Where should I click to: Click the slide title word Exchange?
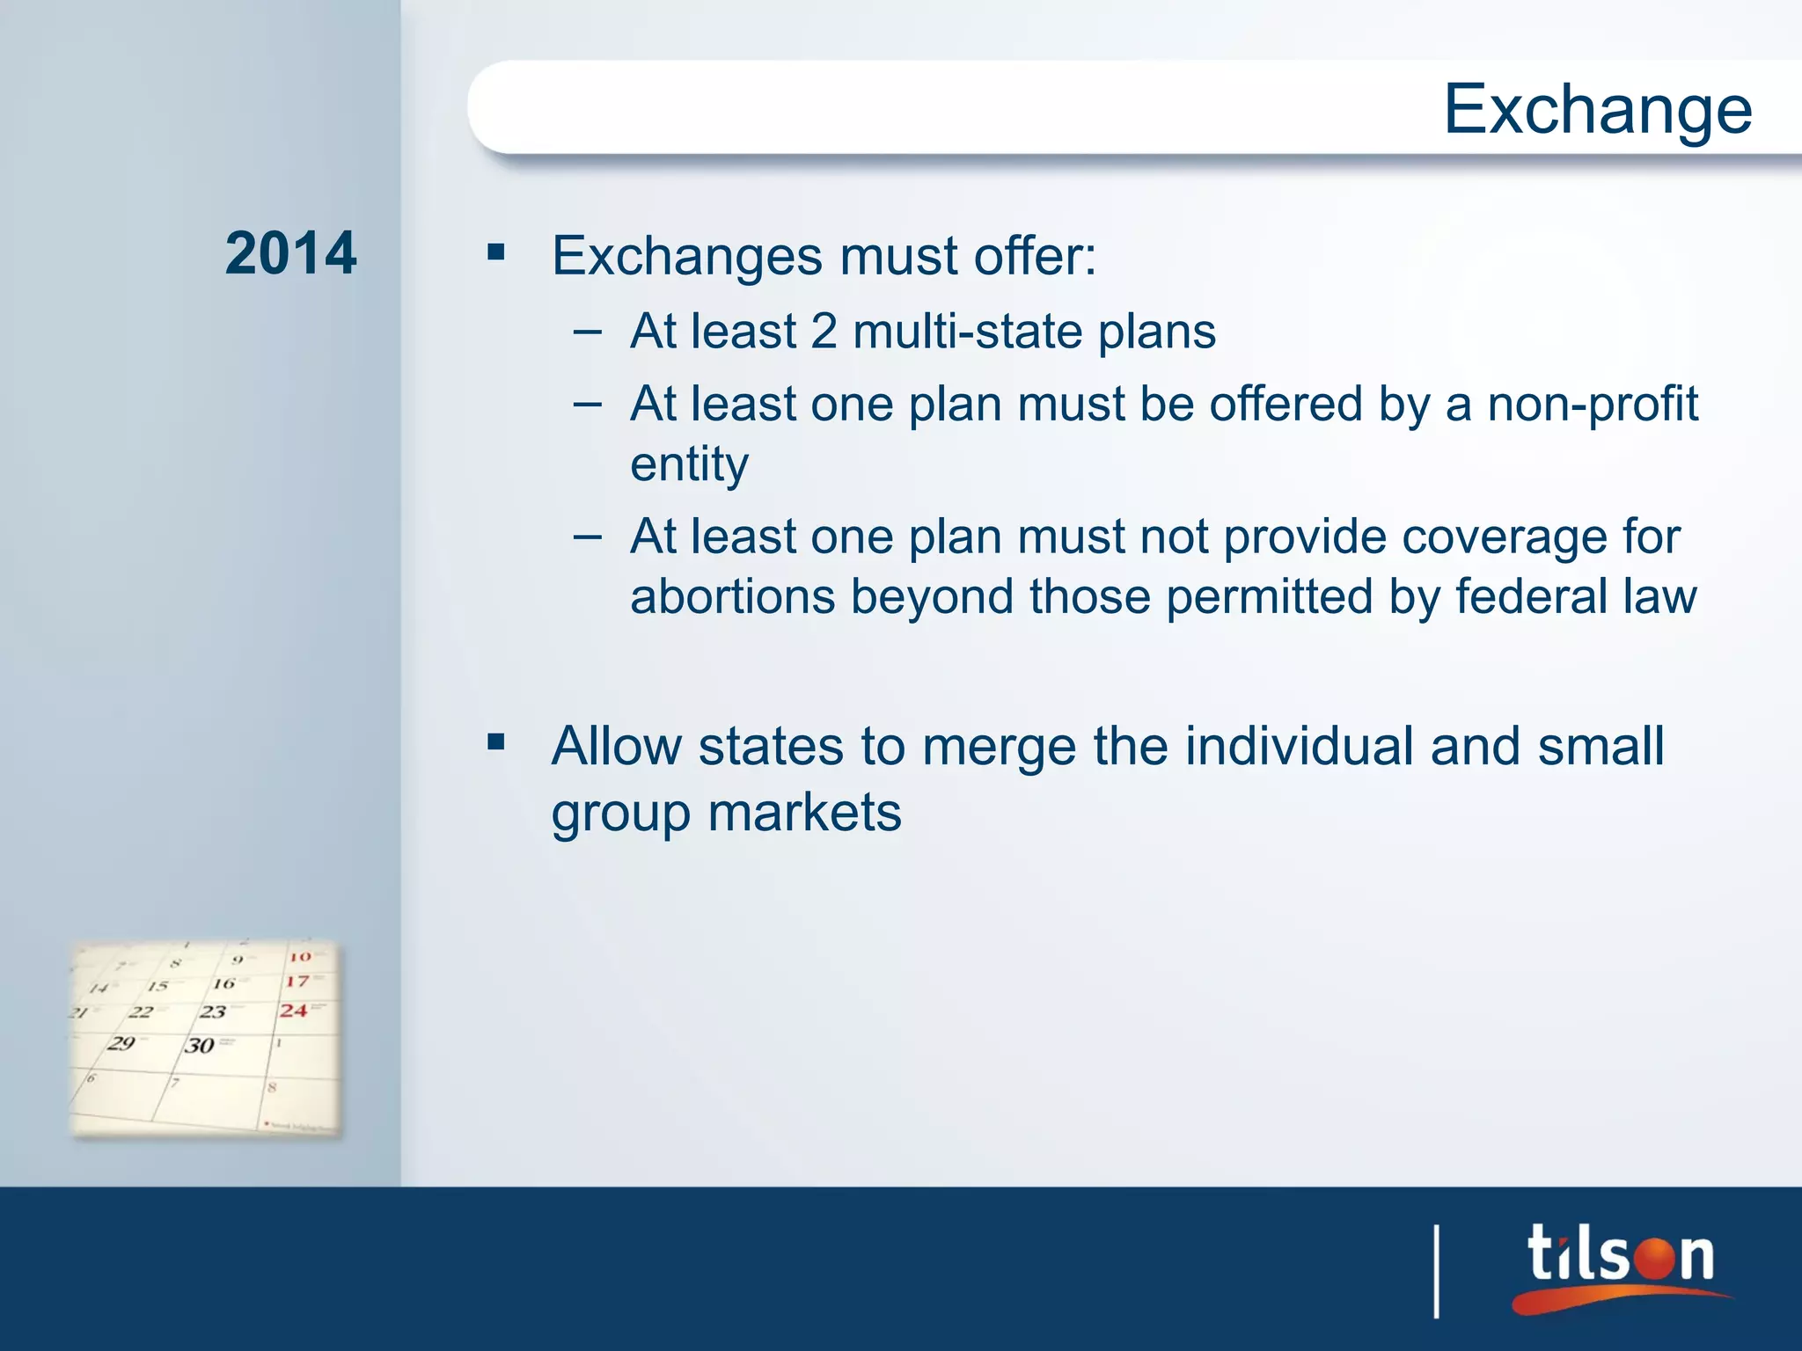pyautogui.click(x=1597, y=109)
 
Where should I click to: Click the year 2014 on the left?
pyautogui.click(x=290, y=253)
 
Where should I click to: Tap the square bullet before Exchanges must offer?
pyautogui.click(x=496, y=253)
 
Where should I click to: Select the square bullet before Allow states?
pyautogui.click(x=496, y=742)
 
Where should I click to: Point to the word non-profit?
pyautogui.click(x=1593, y=404)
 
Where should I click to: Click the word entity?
pyautogui.click(x=689, y=464)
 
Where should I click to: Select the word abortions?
pyautogui.click(x=732, y=596)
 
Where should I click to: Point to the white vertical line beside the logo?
pyautogui.click(x=1437, y=1272)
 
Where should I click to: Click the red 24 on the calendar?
pyautogui.click(x=294, y=1011)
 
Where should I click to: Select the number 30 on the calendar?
pyautogui.click(x=200, y=1045)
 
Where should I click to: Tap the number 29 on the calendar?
pyautogui.click(x=121, y=1043)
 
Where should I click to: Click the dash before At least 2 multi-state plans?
pyautogui.click(x=587, y=332)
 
